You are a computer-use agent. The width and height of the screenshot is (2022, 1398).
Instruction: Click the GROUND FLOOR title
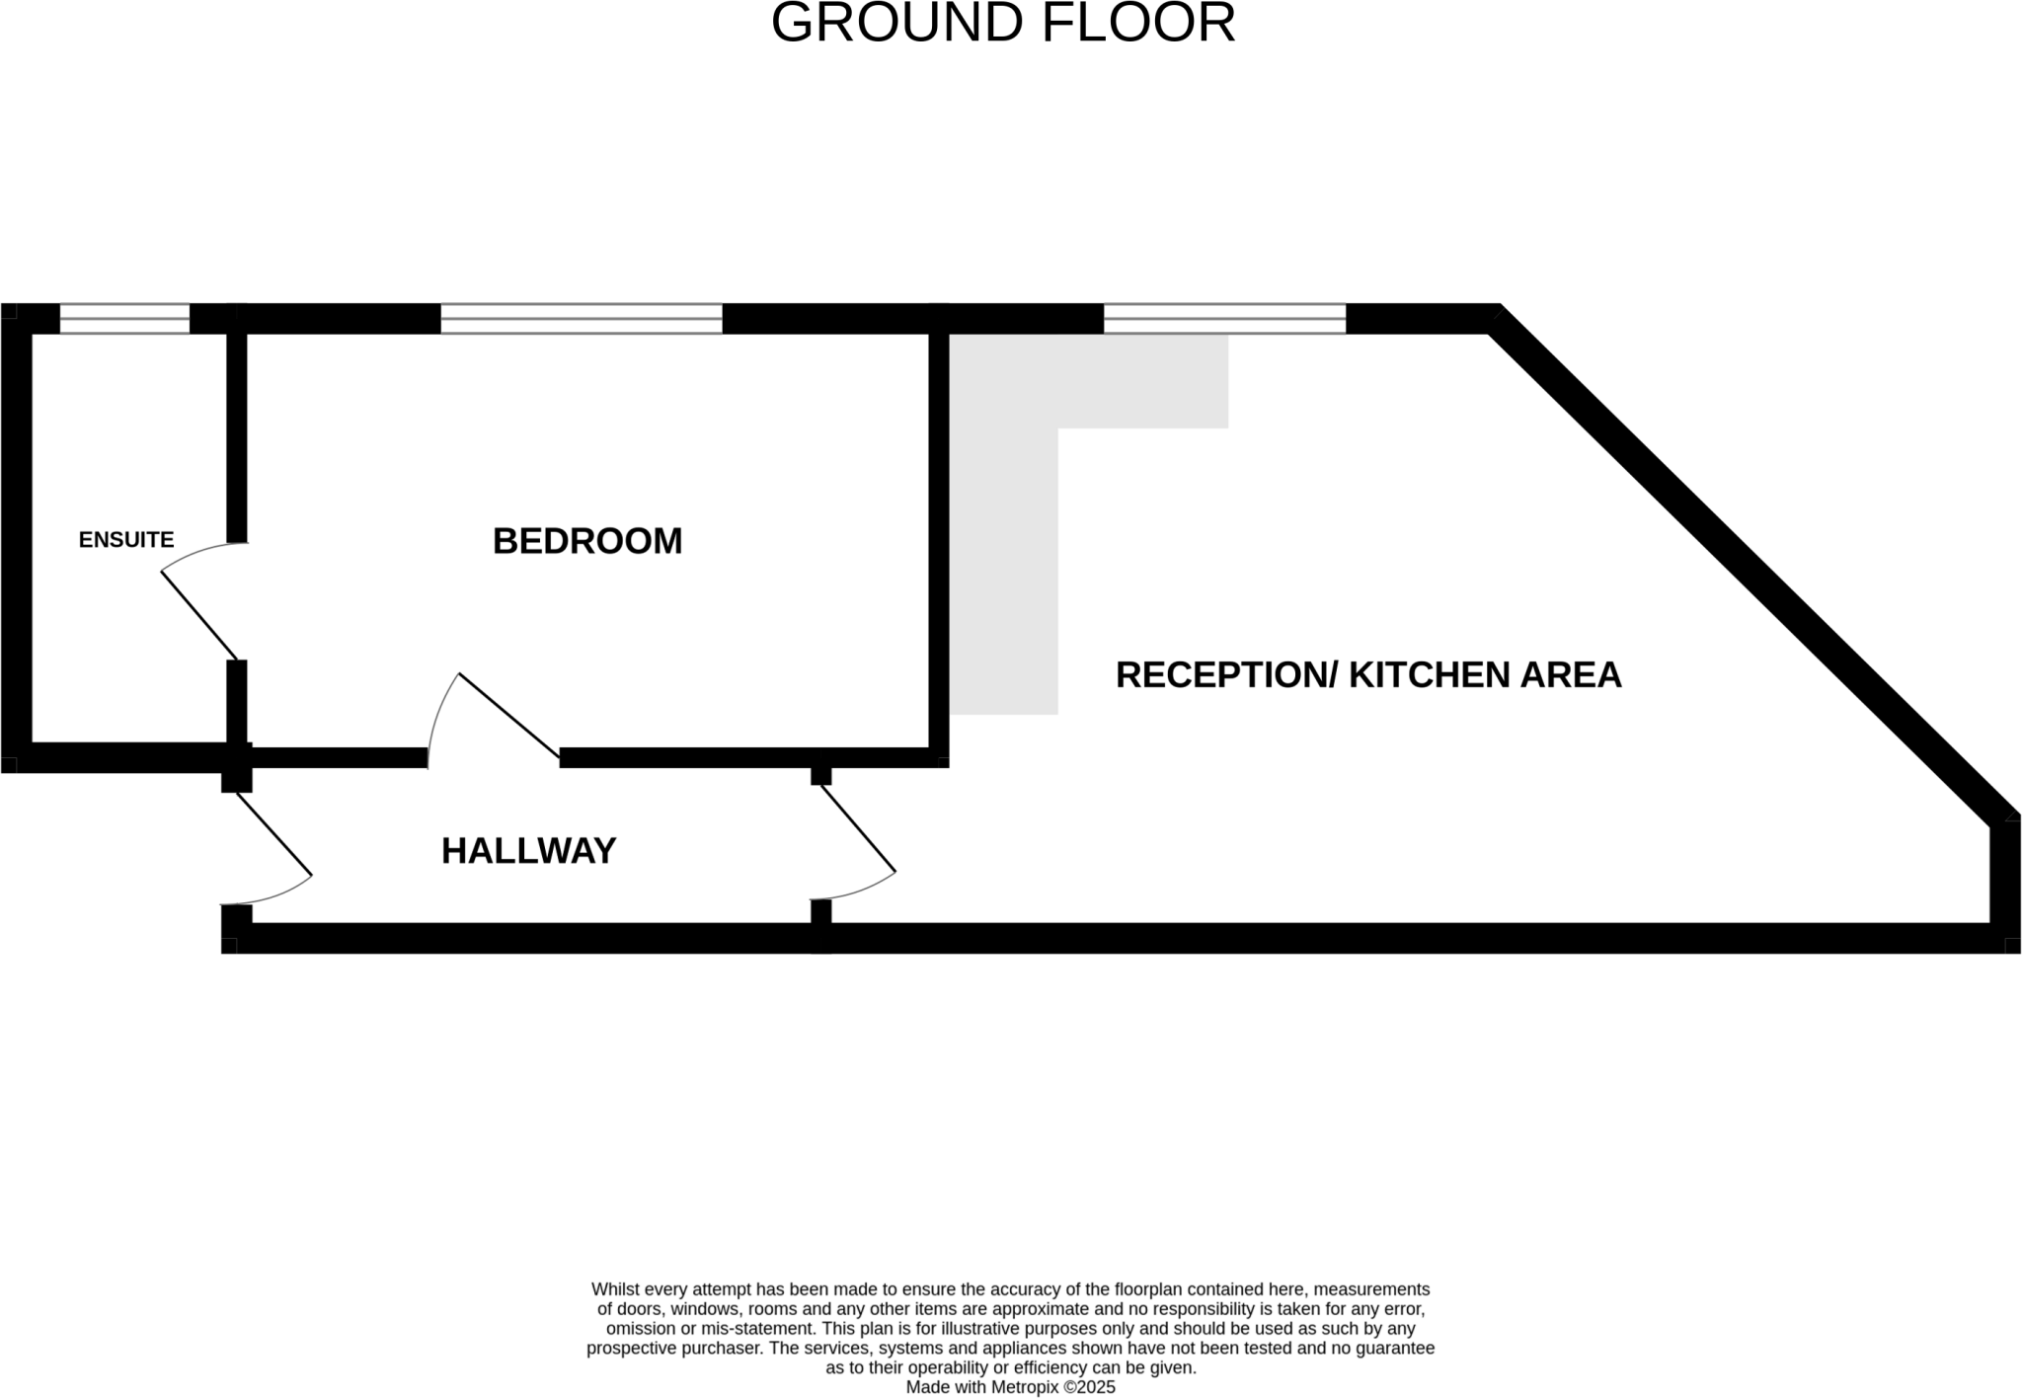coord(1002,24)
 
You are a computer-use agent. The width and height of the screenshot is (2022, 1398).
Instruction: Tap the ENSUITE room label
coord(126,540)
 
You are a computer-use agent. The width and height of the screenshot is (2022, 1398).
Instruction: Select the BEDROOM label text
coord(587,541)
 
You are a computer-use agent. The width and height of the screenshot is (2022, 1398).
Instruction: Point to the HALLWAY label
coord(528,851)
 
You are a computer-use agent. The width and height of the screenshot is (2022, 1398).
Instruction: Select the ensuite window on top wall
coord(124,319)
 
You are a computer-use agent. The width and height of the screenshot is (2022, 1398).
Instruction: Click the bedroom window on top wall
coord(582,319)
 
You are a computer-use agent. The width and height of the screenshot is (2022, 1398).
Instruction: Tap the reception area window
coord(1224,319)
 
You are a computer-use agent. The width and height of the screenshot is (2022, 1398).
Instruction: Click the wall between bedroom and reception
coord(939,543)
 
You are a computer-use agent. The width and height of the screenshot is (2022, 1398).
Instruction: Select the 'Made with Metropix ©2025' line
coord(1010,1387)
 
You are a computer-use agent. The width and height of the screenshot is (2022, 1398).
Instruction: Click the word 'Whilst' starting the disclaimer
coord(614,1289)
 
